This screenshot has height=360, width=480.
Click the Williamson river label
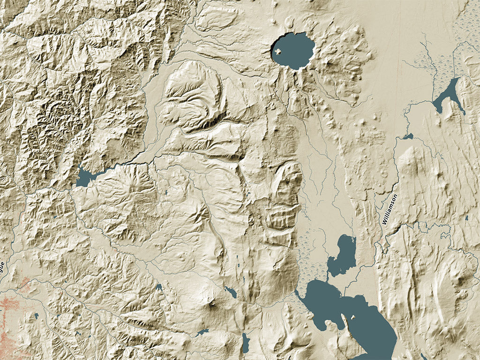coord(390,210)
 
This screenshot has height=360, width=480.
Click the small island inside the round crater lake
coord(279,52)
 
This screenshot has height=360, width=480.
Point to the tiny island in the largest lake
coord(352,317)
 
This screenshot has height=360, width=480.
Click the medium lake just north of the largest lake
coord(344,255)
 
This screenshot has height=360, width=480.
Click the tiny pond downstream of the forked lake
coord(408,136)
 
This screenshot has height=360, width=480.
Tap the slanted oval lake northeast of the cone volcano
coord(230,292)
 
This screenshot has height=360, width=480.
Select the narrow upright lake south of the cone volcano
coord(246,344)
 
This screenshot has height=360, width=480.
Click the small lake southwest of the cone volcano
coord(202,332)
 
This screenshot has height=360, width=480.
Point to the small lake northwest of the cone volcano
coord(159,286)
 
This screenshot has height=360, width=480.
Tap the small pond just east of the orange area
coord(36,316)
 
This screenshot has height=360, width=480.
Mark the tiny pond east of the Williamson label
coord(467,218)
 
